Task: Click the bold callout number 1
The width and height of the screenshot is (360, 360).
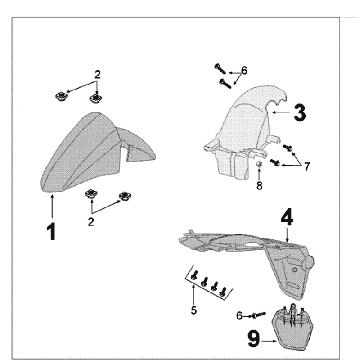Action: [x=51, y=232]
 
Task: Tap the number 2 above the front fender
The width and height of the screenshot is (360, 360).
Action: [x=97, y=75]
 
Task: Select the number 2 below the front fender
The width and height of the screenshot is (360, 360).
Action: [x=91, y=222]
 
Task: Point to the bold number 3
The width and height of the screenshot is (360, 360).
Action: [x=300, y=113]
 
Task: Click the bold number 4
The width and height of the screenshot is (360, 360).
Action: [x=287, y=218]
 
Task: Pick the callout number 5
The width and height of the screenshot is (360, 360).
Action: [x=194, y=310]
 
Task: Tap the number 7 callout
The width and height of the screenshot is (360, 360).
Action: [x=307, y=166]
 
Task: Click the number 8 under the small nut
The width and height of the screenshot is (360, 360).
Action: [x=259, y=186]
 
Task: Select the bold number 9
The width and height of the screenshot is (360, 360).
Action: [x=254, y=339]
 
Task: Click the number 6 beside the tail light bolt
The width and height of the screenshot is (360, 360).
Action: [x=239, y=316]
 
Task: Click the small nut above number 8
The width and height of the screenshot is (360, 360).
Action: [x=259, y=164]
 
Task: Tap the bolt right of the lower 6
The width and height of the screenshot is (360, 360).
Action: [x=259, y=315]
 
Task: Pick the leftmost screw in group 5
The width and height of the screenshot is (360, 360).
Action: [x=195, y=275]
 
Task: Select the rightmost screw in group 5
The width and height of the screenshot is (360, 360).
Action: [x=223, y=292]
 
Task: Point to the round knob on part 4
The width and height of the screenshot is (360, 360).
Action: [x=309, y=262]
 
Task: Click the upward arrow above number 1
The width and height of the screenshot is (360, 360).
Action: [x=52, y=207]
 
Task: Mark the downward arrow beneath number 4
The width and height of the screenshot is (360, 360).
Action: [x=287, y=234]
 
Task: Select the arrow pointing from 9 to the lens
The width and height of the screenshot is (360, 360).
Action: [x=269, y=341]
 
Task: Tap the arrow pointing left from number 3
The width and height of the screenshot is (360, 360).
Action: [x=280, y=113]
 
